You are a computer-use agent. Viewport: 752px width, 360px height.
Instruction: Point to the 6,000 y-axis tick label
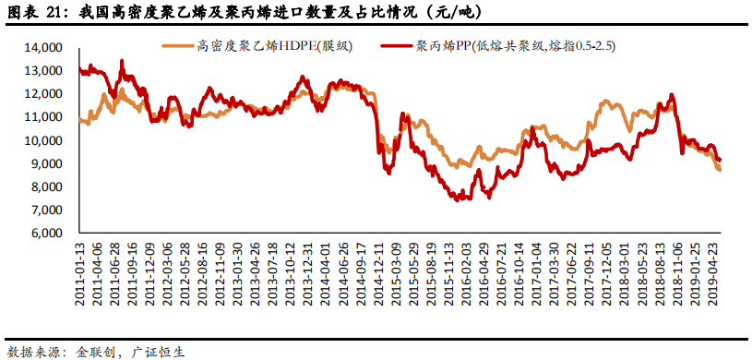point(45,234)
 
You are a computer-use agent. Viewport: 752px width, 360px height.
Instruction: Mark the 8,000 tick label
point(45,186)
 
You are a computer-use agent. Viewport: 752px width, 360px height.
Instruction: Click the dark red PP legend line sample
point(397,45)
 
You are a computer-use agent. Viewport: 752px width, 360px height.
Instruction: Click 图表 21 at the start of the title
point(34,12)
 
